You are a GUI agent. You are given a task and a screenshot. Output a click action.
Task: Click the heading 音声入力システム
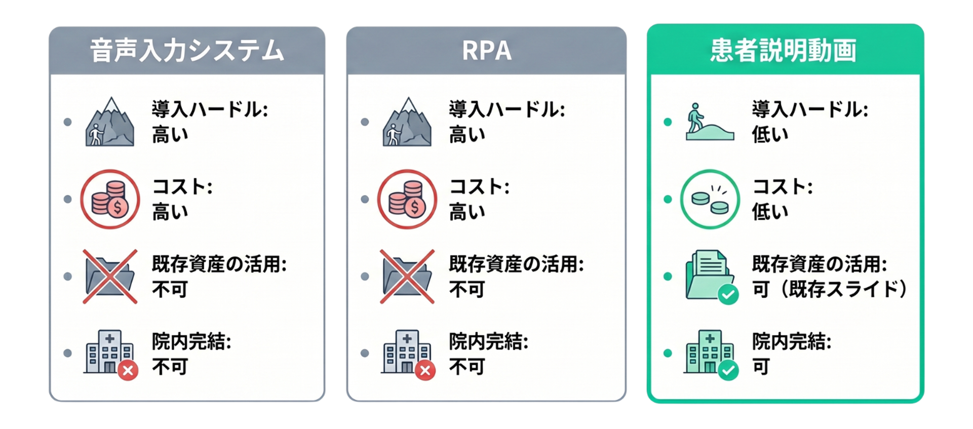pos(187,51)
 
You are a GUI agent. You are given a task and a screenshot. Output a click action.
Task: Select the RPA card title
pos(486,51)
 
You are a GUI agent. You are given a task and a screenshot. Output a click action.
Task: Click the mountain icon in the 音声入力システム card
pos(110,122)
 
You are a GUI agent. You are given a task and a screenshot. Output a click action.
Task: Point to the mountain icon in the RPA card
pos(407,122)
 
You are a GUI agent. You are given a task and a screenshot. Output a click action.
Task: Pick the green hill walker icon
pos(709,122)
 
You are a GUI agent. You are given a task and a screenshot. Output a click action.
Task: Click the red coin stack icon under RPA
pos(407,199)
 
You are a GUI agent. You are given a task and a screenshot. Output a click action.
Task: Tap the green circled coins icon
pos(710,199)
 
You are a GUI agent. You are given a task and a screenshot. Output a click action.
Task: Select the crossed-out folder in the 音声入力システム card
pos(110,277)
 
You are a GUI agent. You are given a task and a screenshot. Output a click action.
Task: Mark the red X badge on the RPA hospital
pos(425,371)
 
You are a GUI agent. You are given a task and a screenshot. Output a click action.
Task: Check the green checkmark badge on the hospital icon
pos(728,371)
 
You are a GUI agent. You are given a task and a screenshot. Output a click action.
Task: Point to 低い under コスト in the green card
pos(770,212)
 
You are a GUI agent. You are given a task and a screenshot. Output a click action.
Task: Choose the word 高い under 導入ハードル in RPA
pos(467,135)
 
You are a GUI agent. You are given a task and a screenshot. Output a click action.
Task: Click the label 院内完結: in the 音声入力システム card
pos(191,342)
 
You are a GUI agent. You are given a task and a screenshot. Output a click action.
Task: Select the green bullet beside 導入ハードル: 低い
pos(668,122)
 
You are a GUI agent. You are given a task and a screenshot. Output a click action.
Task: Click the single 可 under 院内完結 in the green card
pos(761,367)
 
